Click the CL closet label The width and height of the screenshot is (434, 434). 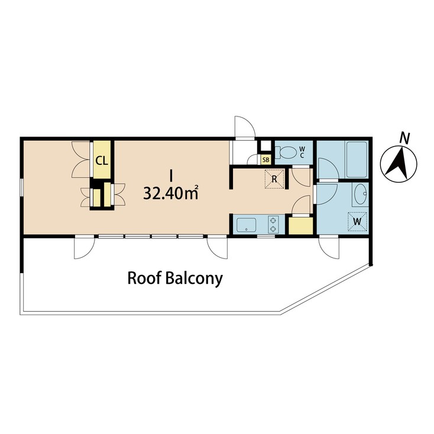coord(102,160)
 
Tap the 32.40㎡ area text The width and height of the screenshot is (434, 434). coord(170,193)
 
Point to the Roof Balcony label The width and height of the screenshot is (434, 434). coord(175,278)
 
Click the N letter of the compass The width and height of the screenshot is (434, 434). coord(405,138)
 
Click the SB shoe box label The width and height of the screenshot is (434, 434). coord(265,160)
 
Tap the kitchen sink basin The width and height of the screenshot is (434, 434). coord(247,225)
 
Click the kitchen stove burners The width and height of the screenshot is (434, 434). coord(273,225)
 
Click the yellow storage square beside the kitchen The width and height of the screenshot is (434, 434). coord(300,226)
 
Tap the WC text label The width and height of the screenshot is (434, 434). coord(302,151)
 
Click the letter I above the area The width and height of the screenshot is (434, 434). coord(171,175)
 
